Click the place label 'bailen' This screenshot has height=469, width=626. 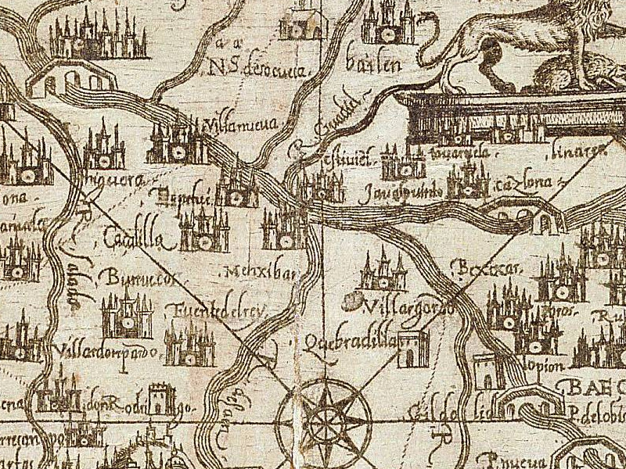pyautogui.click(x=382, y=64)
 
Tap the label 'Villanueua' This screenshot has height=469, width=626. pyautogui.click(x=236, y=124)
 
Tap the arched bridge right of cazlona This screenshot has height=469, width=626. pyautogui.click(x=541, y=217)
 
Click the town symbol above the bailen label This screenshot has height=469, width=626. pyautogui.click(x=388, y=23)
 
